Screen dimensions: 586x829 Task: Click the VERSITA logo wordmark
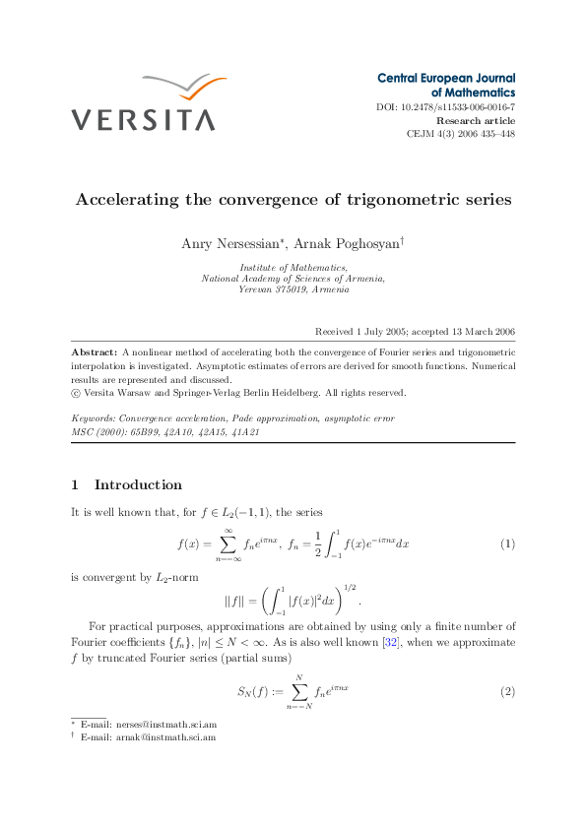(x=143, y=120)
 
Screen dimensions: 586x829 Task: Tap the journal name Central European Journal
(x=446, y=77)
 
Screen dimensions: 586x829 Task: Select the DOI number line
(x=446, y=106)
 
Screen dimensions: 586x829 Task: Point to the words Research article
(x=476, y=120)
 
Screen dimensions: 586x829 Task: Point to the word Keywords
(x=95, y=418)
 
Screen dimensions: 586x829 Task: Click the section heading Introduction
(x=138, y=484)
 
